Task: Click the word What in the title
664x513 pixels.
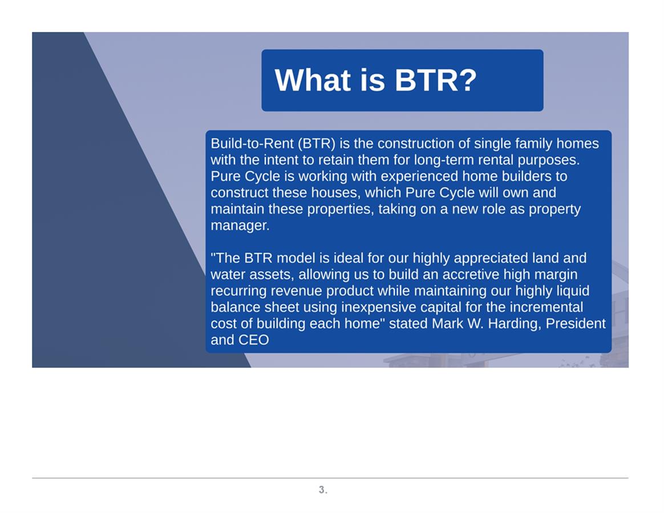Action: (313, 80)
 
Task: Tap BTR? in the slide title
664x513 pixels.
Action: (436, 80)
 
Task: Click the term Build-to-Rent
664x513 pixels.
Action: (252, 144)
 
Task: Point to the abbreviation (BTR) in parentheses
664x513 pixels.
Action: (317, 144)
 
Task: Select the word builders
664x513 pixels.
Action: (525, 176)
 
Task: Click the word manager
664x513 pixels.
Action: (240, 226)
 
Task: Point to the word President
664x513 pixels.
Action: (576, 323)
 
